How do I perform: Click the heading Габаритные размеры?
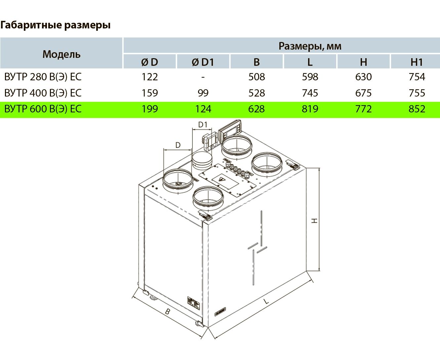[x=55, y=25]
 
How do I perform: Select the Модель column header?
[x=61, y=54]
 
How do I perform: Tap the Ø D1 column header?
[x=203, y=62]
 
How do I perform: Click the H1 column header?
[x=417, y=62]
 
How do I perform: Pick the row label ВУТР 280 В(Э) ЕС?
[x=43, y=77]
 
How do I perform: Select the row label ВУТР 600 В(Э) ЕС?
[x=43, y=109]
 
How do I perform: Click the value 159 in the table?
[x=150, y=93]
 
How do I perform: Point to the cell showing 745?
[x=310, y=93]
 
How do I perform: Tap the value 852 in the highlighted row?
[x=417, y=109]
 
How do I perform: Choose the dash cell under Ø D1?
[x=203, y=77]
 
